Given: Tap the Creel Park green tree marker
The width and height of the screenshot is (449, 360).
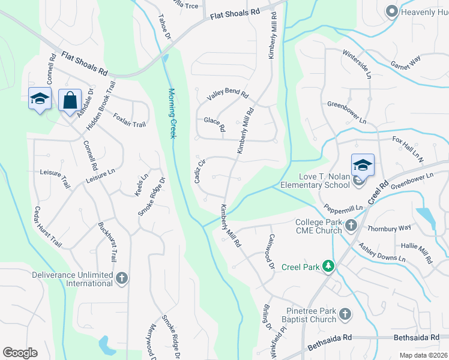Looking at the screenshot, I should coord(328,265).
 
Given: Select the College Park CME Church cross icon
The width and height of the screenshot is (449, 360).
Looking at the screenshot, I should coord(351,226).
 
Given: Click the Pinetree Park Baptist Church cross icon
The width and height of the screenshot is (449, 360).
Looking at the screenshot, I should coord(345,314).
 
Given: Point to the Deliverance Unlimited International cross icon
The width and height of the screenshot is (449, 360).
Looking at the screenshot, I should coord(122,278).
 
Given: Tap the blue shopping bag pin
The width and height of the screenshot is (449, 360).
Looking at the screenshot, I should coord(70,101).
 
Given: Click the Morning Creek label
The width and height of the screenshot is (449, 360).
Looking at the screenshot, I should coord(172,113).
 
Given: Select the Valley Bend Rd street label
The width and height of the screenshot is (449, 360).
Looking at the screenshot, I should coord(228,95).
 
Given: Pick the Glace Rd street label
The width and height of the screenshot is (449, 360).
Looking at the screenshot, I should coord(214,124).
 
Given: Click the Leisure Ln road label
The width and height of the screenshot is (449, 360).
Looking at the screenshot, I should coord(100,175).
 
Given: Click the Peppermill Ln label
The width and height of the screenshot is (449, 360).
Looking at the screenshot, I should coord(343,208).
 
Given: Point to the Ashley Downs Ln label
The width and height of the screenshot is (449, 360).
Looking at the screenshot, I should coord(382,253).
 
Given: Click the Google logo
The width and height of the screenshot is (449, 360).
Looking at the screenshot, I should coord(20,353).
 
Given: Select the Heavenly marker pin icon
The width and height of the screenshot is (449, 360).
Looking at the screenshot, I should coord(392,11).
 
